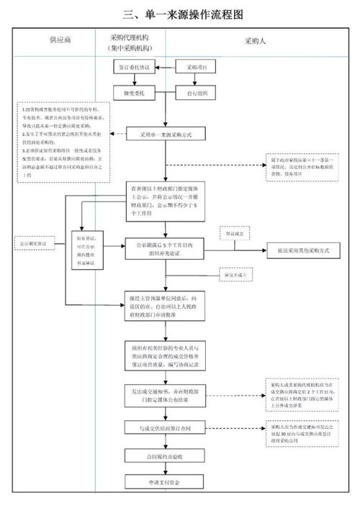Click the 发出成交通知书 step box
[x=166, y=396]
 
